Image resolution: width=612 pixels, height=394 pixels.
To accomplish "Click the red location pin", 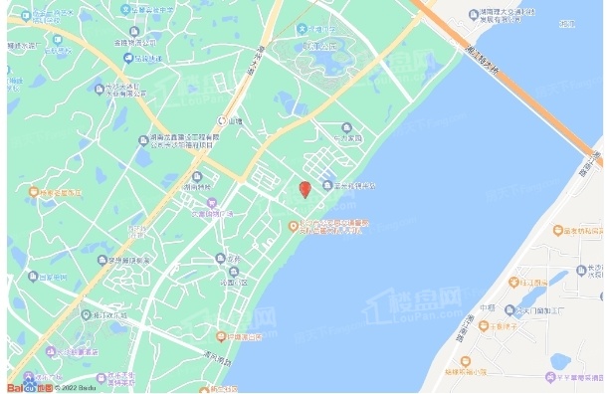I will pyautogui.click(x=306, y=188).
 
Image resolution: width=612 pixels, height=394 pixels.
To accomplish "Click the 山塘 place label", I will pyautogui.click(x=235, y=121).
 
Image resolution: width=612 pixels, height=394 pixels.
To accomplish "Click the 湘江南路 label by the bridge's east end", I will pyautogui.click(x=595, y=164).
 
